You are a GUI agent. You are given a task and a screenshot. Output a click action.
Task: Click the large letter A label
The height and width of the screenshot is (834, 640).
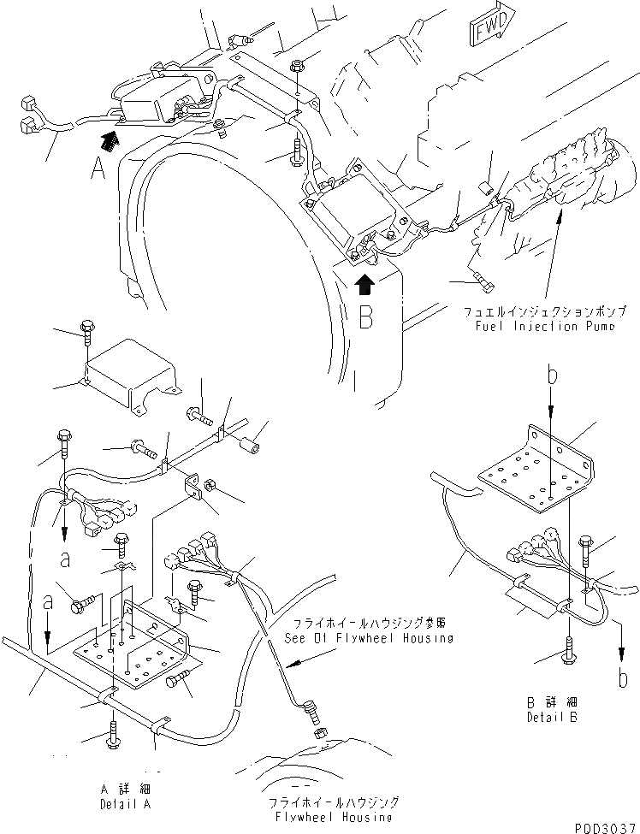[x=100, y=168]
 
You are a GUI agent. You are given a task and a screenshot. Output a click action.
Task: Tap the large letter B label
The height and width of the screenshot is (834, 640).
[x=365, y=316]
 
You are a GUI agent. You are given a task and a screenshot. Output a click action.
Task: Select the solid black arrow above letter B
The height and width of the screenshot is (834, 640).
[x=365, y=282]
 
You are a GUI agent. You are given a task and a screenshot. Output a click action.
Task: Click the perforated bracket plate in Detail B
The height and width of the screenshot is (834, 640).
[x=535, y=476]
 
